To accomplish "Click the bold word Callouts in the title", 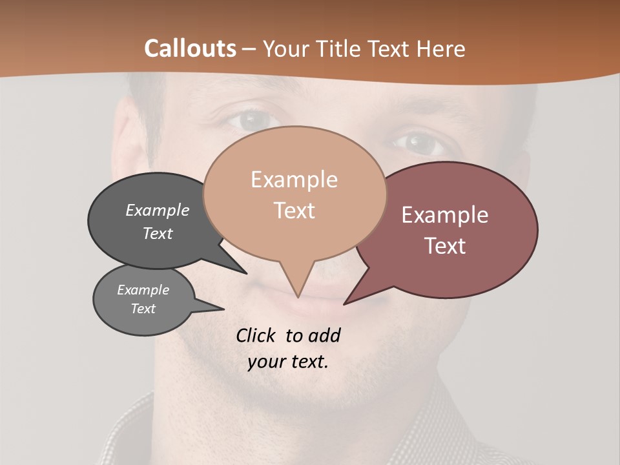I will click(x=190, y=48).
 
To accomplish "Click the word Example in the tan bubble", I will click(x=294, y=180).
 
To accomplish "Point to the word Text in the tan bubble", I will click(x=294, y=211).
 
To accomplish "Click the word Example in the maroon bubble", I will click(x=445, y=215).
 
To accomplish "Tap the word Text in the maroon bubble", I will click(x=445, y=246).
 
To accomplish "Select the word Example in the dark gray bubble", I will click(x=158, y=210).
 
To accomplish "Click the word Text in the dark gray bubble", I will click(x=158, y=233).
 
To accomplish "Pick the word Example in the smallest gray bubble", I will click(x=143, y=290).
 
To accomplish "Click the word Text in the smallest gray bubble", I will click(x=143, y=309).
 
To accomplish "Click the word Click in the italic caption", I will click(x=257, y=335).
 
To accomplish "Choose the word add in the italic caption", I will click(x=324, y=335).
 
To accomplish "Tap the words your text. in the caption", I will click(x=287, y=362).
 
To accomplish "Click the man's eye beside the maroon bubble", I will click(x=419, y=143).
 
